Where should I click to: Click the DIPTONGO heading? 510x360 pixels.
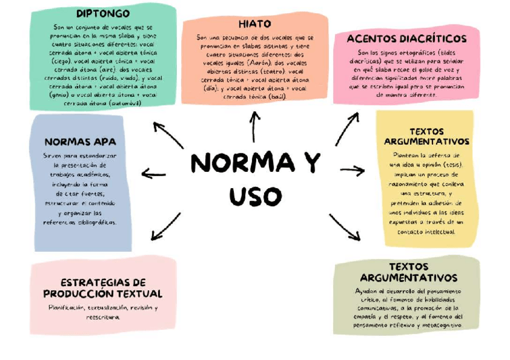pos(103,13)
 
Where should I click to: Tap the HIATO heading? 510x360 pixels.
pos(255,24)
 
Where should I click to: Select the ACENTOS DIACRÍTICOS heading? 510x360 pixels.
pos(407,38)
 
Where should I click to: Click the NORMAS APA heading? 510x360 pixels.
pos(81,142)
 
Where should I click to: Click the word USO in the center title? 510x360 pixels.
pos(256,196)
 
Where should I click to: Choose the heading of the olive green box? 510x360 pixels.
pos(408,272)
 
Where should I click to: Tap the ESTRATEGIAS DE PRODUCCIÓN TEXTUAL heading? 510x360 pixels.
pos(103,288)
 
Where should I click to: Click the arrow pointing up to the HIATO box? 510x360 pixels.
pos(254,126)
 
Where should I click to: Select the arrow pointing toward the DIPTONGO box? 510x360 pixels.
pos(168,135)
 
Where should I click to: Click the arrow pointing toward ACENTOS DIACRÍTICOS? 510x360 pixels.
pos(347,128)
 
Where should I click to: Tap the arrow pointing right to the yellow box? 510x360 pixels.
pos(353,171)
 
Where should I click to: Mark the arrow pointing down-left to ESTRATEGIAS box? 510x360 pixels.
pos(165,227)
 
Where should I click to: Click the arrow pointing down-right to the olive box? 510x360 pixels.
pos(345,227)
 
